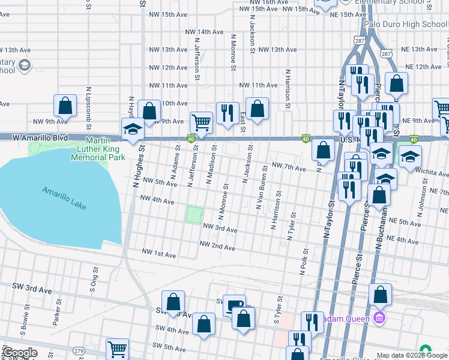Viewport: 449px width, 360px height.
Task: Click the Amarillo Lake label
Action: [64, 198]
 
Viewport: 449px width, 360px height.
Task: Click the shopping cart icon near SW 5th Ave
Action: [117, 349]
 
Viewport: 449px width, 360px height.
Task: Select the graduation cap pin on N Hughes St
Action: [133, 128]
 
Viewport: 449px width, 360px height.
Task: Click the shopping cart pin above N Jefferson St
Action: [201, 122]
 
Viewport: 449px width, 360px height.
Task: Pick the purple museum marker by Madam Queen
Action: [379, 316]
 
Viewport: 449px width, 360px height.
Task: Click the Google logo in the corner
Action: [20, 353]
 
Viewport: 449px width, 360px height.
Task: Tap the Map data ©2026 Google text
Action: [412, 355]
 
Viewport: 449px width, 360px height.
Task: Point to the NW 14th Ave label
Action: [204, 32]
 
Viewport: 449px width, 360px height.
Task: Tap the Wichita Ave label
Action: [431, 171]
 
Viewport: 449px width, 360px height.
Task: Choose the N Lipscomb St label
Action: [88, 100]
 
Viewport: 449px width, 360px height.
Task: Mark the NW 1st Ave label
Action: [159, 255]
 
